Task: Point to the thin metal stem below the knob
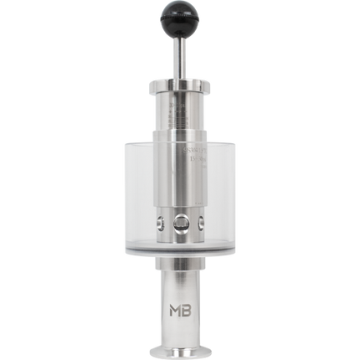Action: (179, 57)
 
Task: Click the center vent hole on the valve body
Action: (179, 222)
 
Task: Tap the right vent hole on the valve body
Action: (200, 222)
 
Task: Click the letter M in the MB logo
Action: (172, 298)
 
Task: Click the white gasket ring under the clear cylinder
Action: (179, 250)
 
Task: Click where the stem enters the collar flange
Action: (179, 75)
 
